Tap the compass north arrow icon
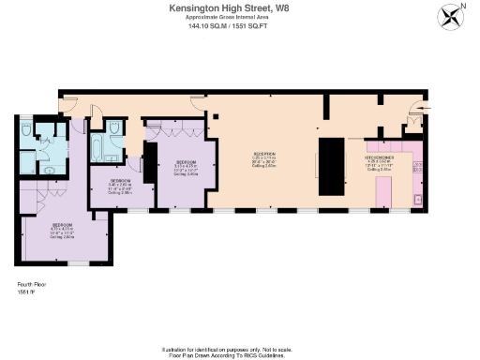(x=451, y=16)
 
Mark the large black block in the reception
(x=332, y=166)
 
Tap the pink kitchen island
(x=383, y=191)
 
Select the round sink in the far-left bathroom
(x=49, y=170)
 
